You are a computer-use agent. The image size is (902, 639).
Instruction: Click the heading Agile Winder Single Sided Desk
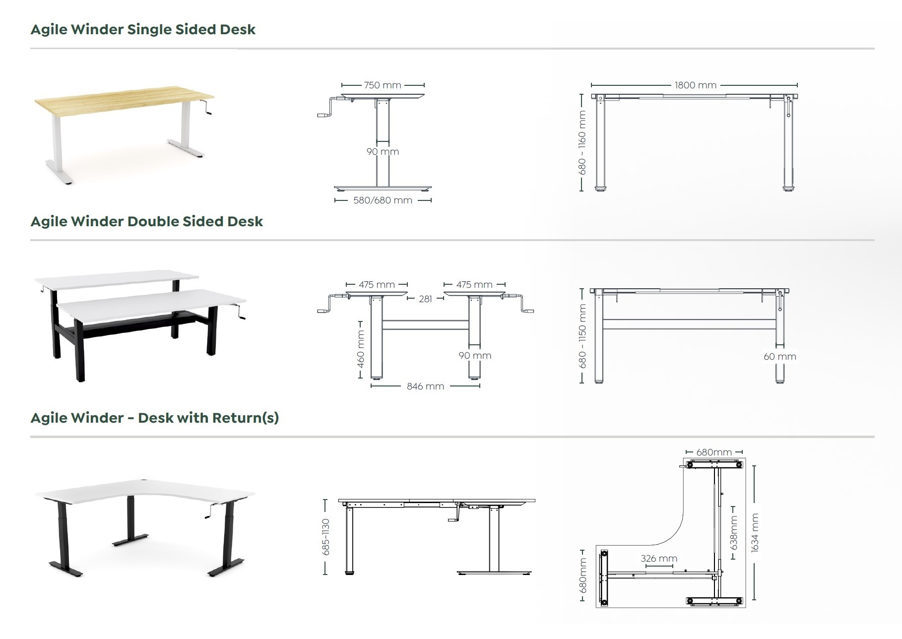click(x=143, y=29)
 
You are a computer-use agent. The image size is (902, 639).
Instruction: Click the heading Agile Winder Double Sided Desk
click(x=146, y=221)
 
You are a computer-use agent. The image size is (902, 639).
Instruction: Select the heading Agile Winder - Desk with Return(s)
click(x=154, y=418)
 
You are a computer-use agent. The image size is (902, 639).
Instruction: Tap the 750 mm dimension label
click(x=382, y=85)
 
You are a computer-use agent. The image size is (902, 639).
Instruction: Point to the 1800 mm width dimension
click(x=695, y=85)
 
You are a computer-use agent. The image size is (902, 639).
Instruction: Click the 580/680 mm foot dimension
click(x=383, y=200)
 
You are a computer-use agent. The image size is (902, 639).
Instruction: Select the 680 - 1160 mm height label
click(x=582, y=142)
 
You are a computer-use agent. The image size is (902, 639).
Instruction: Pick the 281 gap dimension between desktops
click(x=425, y=299)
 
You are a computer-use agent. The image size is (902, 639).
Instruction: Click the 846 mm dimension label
click(x=425, y=386)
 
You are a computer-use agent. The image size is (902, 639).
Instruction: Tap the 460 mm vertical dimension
click(x=361, y=349)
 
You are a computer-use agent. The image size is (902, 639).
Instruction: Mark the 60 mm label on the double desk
click(x=779, y=357)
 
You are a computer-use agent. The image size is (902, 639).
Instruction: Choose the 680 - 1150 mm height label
click(x=582, y=336)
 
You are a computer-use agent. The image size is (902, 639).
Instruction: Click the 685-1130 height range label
click(x=325, y=537)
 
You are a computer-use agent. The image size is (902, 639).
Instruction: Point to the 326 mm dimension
click(x=658, y=559)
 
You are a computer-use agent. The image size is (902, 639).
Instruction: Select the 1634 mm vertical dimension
click(x=755, y=533)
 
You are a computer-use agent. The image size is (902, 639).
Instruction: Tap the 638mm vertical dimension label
click(x=734, y=533)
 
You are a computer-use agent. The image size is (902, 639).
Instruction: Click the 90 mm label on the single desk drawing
click(x=383, y=152)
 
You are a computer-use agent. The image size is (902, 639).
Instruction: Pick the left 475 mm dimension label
click(x=377, y=285)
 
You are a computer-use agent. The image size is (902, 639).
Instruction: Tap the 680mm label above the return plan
click(x=713, y=452)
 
